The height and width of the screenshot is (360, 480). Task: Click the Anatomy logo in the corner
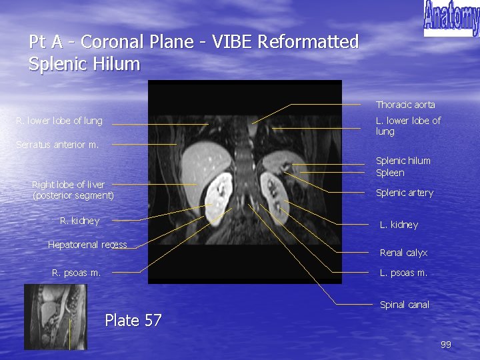pos(451,18)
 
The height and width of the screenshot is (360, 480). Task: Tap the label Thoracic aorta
pos(405,105)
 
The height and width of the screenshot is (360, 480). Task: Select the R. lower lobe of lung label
pos(60,121)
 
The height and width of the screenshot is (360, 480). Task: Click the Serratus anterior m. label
pos(57,145)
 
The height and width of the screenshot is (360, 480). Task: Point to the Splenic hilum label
pos(403,161)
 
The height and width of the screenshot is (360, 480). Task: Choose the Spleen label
pos(390,173)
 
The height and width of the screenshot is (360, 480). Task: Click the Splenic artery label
pos(404,193)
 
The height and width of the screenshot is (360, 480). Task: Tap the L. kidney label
pos(399,225)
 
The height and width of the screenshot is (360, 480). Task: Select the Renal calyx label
pos(403,253)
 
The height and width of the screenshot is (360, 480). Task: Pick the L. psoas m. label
pos(403,273)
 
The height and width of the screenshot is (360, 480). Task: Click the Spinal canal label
pos(404,305)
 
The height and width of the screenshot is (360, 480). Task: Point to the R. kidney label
pos(79,221)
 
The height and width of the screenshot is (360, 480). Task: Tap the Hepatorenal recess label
pos(87,245)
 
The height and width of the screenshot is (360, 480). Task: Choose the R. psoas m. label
pos(77,273)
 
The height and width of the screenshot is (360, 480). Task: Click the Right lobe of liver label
pos(73,190)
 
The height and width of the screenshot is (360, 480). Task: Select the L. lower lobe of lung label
pos(408,126)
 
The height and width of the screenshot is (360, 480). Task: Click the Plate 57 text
pos(133,321)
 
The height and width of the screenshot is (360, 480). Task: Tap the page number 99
pos(446,345)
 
